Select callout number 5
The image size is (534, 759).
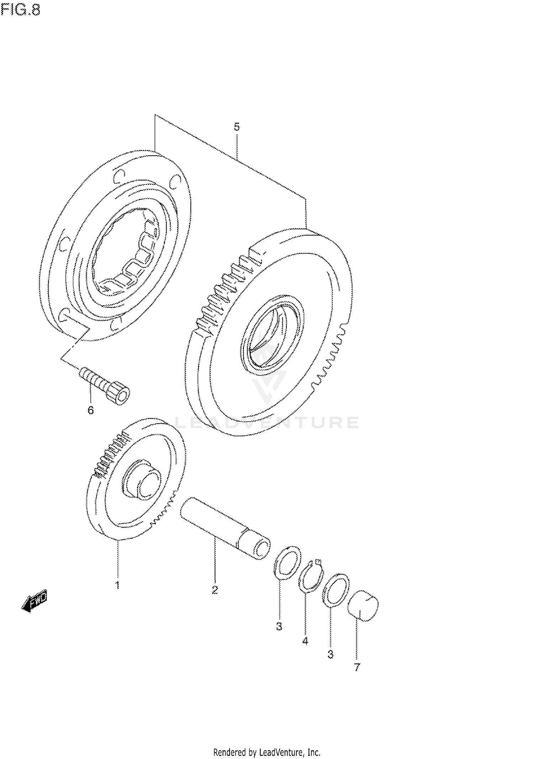(237, 127)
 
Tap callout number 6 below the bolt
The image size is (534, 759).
(90, 410)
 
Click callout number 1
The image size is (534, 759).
(117, 585)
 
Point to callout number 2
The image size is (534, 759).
(215, 590)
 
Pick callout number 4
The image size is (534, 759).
(305, 641)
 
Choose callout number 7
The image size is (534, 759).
(357, 667)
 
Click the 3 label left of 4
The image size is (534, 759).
(279, 626)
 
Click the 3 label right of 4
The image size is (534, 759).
(330, 654)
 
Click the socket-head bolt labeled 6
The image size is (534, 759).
(105, 386)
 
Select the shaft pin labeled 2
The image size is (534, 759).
(224, 528)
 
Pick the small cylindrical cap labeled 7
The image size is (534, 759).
(363, 606)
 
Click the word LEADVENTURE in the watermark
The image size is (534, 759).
(267, 422)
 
